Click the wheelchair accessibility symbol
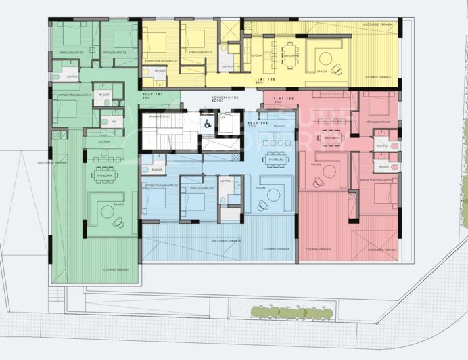point(207,123)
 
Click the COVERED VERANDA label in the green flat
point(114,269)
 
